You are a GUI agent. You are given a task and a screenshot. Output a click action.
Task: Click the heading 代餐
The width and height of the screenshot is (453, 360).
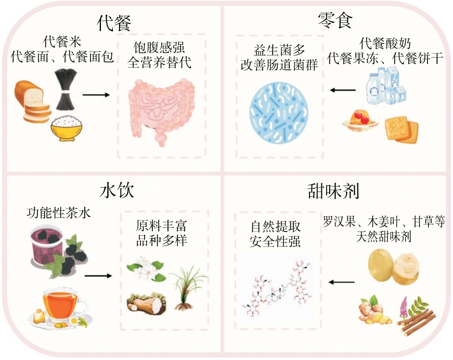coord(114,22)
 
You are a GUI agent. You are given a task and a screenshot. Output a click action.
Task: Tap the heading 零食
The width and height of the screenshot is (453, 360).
coord(335,20)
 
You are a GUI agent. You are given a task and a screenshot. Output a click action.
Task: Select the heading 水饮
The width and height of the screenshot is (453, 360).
coord(117,190)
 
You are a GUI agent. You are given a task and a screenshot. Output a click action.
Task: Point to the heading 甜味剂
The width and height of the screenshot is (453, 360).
coord(333,191)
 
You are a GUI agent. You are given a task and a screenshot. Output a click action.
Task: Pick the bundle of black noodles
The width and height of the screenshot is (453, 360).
coord(67,89)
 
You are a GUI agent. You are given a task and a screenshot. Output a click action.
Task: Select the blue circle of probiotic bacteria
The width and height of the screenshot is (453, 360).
coord(279,113)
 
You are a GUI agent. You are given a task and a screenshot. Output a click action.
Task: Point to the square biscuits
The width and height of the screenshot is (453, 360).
coord(402,129)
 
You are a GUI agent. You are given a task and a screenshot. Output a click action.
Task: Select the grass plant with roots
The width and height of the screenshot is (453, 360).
coord(187,289)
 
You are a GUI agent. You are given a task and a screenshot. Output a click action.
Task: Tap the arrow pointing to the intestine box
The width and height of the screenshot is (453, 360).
coord(96,95)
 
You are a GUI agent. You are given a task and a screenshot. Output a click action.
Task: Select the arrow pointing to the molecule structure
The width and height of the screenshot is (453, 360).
coord(341,282)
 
